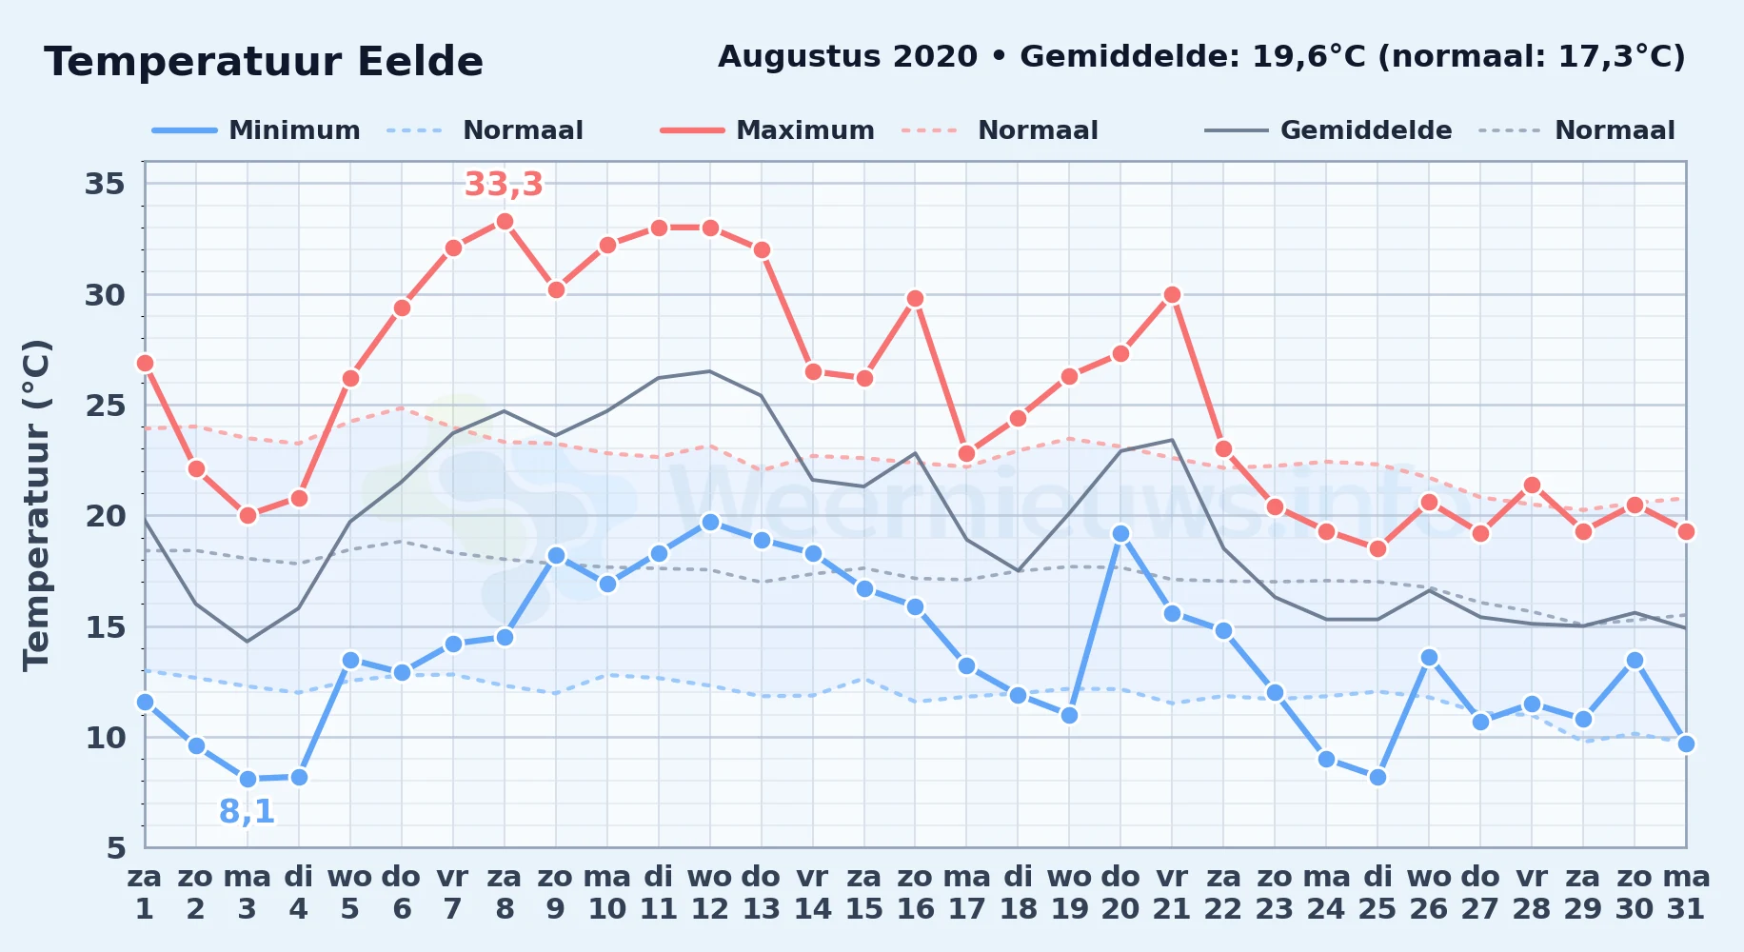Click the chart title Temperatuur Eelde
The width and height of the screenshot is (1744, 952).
pyautogui.click(x=264, y=62)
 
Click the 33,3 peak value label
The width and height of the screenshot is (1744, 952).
pyautogui.click(x=504, y=184)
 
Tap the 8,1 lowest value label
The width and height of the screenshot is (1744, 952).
pyautogui.click(x=247, y=812)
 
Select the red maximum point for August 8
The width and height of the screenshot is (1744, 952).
pyautogui.click(x=505, y=222)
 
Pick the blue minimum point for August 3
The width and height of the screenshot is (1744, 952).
pyautogui.click(x=248, y=780)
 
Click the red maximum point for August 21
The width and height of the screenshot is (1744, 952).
pyautogui.click(x=1172, y=295)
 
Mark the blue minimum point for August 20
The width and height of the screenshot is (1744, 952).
pyautogui.click(x=1120, y=534)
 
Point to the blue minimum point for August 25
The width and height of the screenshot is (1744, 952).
pyautogui.click(x=1377, y=778)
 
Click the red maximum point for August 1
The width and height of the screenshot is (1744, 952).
pyautogui.click(x=145, y=364)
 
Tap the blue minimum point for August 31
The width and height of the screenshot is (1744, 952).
pyautogui.click(x=1686, y=744)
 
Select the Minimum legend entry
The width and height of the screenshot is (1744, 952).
pyautogui.click(x=256, y=130)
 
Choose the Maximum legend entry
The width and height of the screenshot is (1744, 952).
pyautogui.click(x=767, y=130)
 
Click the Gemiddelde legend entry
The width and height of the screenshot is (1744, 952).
pyautogui.click(x=1329, y=130)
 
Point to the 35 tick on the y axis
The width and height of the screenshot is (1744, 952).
pyautogui.click(x=106, y=183)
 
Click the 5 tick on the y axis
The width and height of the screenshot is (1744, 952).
pyautogui.click(x=116, y=847)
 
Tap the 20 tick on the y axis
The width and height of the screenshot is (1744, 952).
pyautogui.click(x=106, y=516)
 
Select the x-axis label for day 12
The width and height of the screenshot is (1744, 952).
pyautogui.click(x=709, y=893)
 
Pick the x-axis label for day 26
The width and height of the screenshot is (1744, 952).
pyautogui.click(x=1429, y=893)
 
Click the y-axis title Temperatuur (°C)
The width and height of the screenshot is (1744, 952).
pyautogui.click(x=36, y=506)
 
